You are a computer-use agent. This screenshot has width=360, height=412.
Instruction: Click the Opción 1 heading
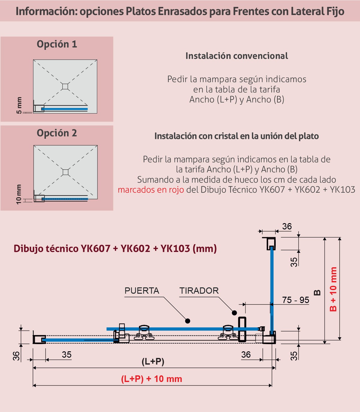(x=57, y=44)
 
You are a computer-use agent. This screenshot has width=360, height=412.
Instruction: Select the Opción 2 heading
(x=57, y=133)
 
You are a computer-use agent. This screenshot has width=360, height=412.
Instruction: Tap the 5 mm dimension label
(x=19, y=105)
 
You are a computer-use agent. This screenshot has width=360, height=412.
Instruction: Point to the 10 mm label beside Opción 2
(x=19, y=194)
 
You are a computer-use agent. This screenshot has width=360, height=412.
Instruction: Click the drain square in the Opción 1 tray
(x=65, y=86)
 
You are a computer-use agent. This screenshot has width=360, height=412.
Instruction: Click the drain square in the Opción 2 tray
(x=65, y=172)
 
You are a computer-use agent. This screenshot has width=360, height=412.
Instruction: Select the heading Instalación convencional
(x=237, y=56)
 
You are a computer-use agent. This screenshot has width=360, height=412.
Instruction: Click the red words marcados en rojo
(x=151, y=190)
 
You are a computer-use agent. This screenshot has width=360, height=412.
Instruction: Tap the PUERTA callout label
(x=142, y=291)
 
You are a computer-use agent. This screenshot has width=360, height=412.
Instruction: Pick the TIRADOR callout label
(x=199, y=291)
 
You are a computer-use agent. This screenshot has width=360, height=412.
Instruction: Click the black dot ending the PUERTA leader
(x=187, y=321)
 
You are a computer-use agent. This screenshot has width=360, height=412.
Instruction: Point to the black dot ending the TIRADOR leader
(x=234, y=313)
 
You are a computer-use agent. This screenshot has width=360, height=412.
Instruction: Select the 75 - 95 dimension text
(x=295, y=300)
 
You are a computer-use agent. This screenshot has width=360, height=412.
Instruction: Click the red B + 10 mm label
(x=333, y=289)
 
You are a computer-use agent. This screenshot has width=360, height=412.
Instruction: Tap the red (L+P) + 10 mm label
(x=151, y=379)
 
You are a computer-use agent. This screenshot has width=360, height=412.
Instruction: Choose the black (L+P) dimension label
(x=153, y=362)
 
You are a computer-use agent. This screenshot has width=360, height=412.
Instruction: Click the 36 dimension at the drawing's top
(x=287, y=226)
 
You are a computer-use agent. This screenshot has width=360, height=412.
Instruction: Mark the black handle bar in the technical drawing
(x=242, y=329)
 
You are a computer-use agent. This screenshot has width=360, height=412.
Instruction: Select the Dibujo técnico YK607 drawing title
(x=115, y=248)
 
